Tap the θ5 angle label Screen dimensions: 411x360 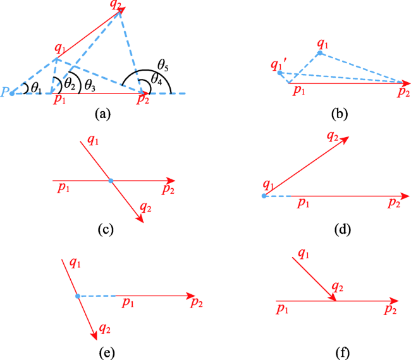pyautogui.click(x=163, y=65)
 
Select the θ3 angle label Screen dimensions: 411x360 pyautogui.click(x=90, y=85)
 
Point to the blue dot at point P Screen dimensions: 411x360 pyautogui.click(x=12, y=93)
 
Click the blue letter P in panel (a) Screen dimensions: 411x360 pyautogui.click(x=4, y=92)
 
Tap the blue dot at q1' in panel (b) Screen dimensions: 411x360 pyautogui.click(x=280, y=73)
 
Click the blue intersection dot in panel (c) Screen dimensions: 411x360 pyautogui.click(x=111, y=181)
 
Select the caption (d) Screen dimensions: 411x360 pyautogui.click(x=343, y=230)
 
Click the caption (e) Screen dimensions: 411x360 pyautogui.click(x=107, y=353)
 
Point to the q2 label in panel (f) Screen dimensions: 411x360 pyautogui.click(x=338, y=287)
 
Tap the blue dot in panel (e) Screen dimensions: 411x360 pyautogui.click(x=78, y=296)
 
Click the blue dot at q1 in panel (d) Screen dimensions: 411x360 pyautogui.click(x=264, y=196)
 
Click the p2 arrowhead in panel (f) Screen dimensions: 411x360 pyautogui.click(x=394, y=301)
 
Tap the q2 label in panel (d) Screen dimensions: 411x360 pyautogui.click(x=333, y=136)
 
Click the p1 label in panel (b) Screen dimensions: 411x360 pyautogui.click(x=299, y=90)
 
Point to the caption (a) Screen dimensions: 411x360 pyautogui.click(x=102, y=114)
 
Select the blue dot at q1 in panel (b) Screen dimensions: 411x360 pyautogui.click(x=320, y=53)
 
